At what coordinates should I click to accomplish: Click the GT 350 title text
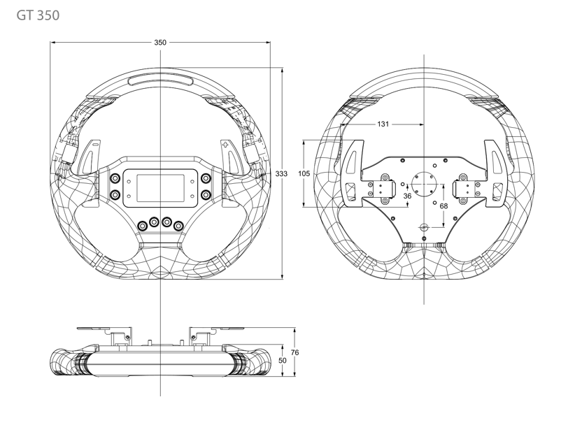pyautogui.click(x=38, y=15)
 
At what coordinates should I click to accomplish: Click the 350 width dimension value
pyautogui.click(x=160, y=42)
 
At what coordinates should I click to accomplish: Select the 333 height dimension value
pyautogui.click(x=281, y=173)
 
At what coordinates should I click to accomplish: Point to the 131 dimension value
pyautogui.click(x=383, y=124)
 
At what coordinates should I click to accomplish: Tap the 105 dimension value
pyautogui.click(x=304, y=173)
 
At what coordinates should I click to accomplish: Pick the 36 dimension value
pyautogui.click(x=407, y=196)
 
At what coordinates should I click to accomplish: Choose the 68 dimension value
pyautogui.click(x=443, y=206)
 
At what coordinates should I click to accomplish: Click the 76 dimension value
pyautogui.click(x=294, y=352)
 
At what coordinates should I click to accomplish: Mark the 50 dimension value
pyautogui.click(x=283, y=360)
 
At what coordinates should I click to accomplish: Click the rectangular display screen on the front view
pyautogui.click(x=160, y=188)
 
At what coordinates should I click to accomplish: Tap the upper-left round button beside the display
pyautogui.click(x=115, y=179)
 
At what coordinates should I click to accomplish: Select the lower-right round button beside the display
pyautogui.click(x=205, y=194)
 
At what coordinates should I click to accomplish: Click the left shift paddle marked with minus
pyautogui.click(x=90, y=157)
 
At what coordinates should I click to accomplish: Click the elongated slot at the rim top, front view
pyautogui.click(x=160, y=80)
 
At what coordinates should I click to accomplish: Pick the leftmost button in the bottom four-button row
pyautogui.click(x=142, y=226)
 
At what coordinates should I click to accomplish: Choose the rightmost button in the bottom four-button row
pyautogui.click(x=179, y=226)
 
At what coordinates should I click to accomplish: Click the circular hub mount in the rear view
pyautogui.click(x=424, y=184)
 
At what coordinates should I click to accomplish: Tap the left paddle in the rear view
pyautogui.click(x=353, y=173)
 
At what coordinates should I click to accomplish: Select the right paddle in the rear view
pyautogui.click(x=495, y=173)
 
